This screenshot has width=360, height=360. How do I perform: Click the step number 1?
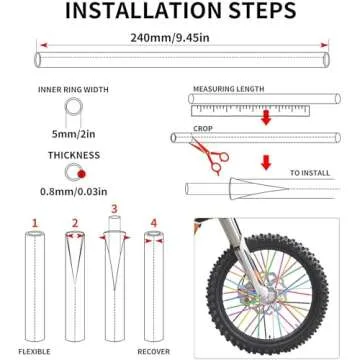click(34, 222)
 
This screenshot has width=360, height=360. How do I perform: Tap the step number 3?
click(113, 209)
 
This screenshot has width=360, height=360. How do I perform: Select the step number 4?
click(153, 222)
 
